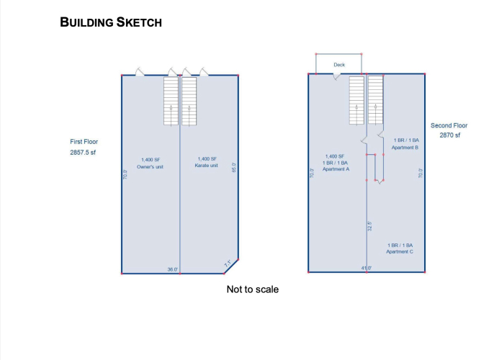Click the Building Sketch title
[x=111, y=22]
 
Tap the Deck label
[x=339, y=65]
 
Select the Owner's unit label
[x=150, y=166]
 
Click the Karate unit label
[x=207, y=166]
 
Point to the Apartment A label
[x=336, y=169]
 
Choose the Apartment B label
[x=405, y=148]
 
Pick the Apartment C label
[x=400, y=252]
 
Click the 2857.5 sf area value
[x=83, y=153]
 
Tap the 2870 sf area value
[x=450, y=135]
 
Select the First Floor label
[x=84, y=142]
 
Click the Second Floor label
[x=449, y=125]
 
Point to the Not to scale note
[x=253, y=289]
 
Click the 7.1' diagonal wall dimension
[x=228, y=264]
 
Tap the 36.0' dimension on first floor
[x=173, y=269]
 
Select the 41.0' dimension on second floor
[x=367, y=268]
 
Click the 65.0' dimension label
[x=234, y=167]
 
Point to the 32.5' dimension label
[x=370, y=226]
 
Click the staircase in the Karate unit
[x=189, y=101]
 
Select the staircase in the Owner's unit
[x=171, y=101]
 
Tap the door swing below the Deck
[x=336, y=76]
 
